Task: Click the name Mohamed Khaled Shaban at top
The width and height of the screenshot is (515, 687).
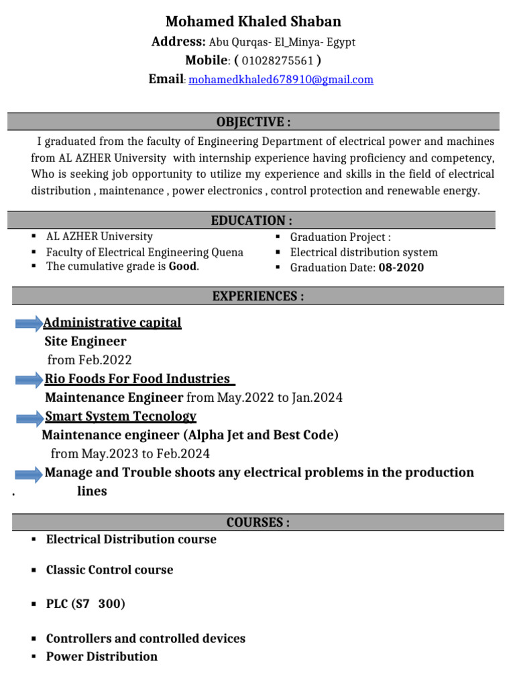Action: click(x=253, y=21)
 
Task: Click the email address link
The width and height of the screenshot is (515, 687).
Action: click(x=281, y=80)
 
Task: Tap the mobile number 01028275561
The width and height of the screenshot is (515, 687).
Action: click(x=278, y=61)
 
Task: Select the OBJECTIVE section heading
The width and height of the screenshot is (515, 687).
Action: click(x=253, y=121)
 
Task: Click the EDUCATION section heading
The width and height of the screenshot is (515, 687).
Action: click(x=251, y=220)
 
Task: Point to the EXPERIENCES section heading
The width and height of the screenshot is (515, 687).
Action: click(x=258, y=296)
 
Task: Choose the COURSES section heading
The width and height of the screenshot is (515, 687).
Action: click(x=258, y=523)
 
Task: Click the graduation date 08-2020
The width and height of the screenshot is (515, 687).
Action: click(x=401, y=268)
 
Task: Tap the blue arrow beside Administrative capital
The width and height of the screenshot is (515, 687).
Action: click(x=29, y=324)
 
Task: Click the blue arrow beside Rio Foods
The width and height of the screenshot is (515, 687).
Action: click(x=29, y=380)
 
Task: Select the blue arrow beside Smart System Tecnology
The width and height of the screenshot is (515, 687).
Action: click(x=29, y=418)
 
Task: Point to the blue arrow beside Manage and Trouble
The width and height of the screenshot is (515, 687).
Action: click(x=29, y=474)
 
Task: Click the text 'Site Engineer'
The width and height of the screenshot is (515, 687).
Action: click(x=85, y=341)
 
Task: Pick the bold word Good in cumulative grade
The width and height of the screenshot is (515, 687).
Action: click(x=183, y=266)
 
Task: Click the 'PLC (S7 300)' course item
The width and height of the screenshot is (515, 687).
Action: click(x=85, y=604)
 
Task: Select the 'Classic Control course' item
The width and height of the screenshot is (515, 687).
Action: click(x=109, y=570)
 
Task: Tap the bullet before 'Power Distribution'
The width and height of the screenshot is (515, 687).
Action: click(x=33, y=656)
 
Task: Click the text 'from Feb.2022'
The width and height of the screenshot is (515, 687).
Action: click(x=89, y=360)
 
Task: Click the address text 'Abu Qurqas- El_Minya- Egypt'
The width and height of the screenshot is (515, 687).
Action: click(x=282, y=42)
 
